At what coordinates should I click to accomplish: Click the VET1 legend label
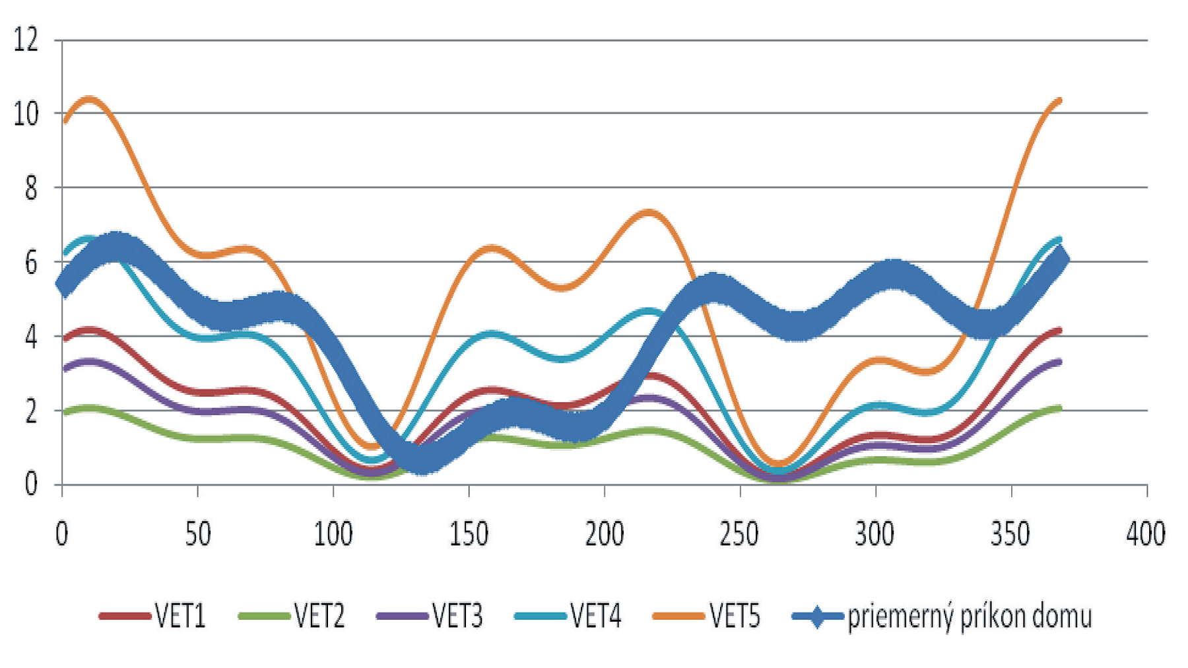click(x=180, y=617)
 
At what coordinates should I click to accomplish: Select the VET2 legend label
click(x=319, y=617)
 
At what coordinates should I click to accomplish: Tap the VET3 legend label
click(x=458, y=617)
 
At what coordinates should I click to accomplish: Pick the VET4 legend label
click(x=597, y=617)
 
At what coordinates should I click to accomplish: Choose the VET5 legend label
click(x=735, y=617)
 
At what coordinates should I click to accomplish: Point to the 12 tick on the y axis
click(x=26, y=41)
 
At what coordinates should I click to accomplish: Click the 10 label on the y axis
click(x=26, y=114)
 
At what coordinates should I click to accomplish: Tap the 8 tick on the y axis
click(x=30, y=189)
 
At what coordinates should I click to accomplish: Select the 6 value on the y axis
click(x=30, y=263)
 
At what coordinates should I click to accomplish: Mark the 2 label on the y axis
click(x=30, y=411)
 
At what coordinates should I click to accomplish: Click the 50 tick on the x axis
click(x=197, y=534)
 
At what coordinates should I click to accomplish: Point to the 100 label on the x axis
click(x=333, y=534)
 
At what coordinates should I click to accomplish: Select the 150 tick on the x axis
click(x=469, y=534)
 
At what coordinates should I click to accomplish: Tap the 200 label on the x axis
click(x=605, y=534)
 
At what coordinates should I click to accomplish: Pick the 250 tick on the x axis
click(x=740, y=534)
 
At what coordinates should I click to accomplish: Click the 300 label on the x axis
click(x=876, y=534)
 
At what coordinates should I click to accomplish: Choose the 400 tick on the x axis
click(x=1146, y=534)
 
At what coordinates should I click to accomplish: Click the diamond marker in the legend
click(x=817, y=617)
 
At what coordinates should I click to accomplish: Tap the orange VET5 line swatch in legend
click(x=678, y=617)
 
